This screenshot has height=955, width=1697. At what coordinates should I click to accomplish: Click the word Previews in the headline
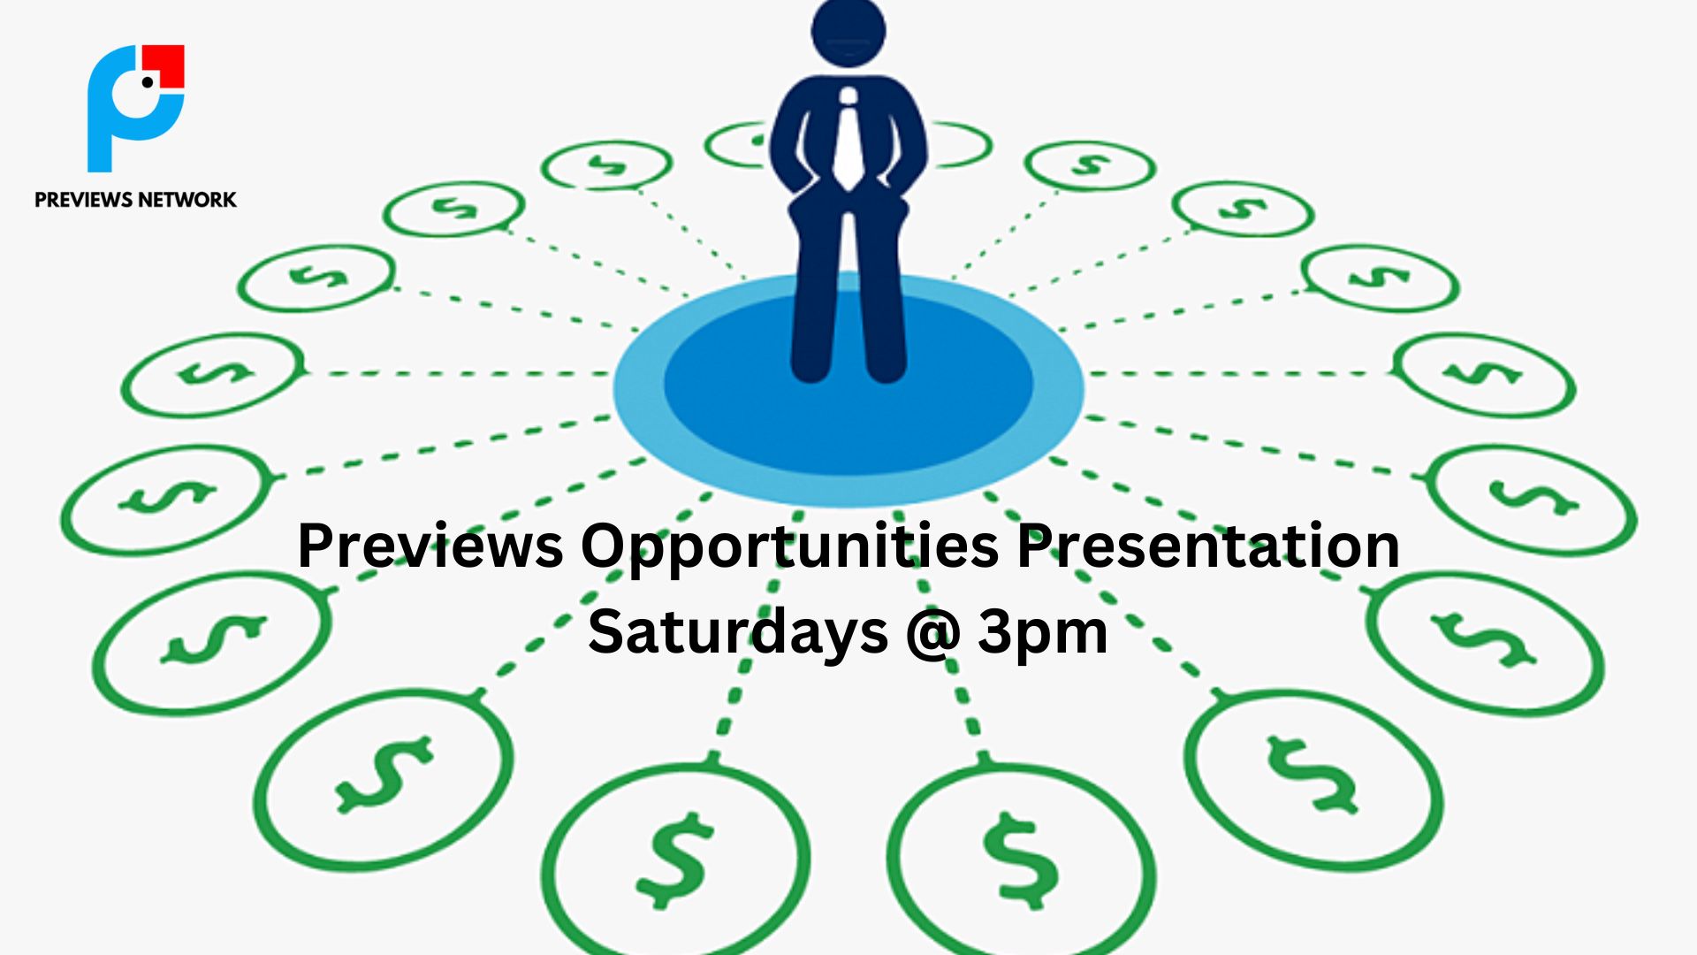430,546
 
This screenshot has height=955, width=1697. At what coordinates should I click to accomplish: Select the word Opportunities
789,549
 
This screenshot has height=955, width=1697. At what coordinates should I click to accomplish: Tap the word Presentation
1208,546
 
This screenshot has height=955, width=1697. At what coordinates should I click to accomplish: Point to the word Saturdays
738,633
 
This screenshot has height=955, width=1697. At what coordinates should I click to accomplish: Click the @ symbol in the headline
933,633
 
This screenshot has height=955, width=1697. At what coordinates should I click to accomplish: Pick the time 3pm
1043,635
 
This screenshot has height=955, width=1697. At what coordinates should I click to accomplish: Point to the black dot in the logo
148,83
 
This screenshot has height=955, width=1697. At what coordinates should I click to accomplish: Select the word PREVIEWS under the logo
83,200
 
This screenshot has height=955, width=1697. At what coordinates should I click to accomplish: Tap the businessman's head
848,32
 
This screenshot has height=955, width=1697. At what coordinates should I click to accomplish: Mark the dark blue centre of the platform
848,385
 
